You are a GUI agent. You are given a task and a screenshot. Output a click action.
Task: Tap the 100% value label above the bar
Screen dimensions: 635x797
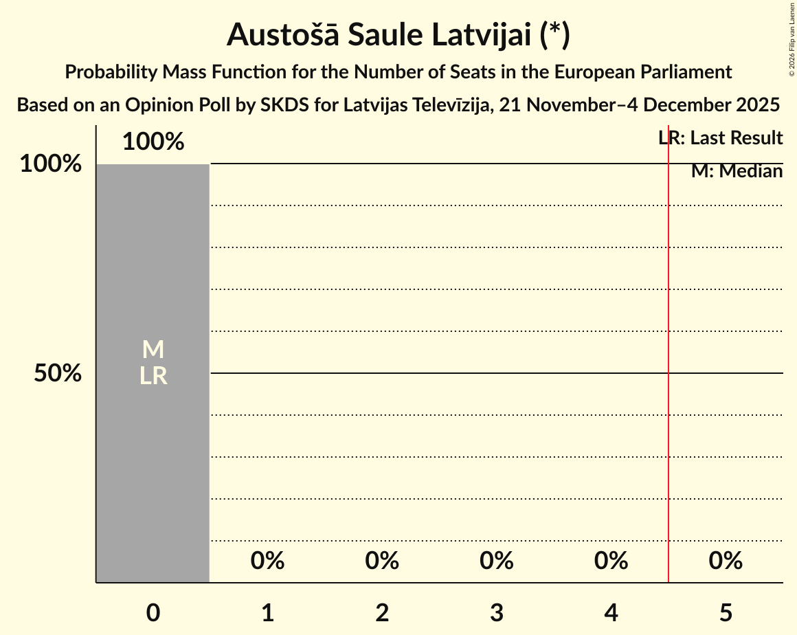point(153,142)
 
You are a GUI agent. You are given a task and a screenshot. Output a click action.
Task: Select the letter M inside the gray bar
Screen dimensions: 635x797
point(153,350)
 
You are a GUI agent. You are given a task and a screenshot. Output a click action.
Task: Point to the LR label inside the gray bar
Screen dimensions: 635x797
point(153,376)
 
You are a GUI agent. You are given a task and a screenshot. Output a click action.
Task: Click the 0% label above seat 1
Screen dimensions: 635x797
point(267,561)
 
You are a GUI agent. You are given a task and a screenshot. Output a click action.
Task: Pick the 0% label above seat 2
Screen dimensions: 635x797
point(382,561)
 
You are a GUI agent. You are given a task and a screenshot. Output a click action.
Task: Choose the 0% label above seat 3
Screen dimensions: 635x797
point(497,561)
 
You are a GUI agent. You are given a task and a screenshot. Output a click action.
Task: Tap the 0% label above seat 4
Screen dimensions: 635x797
point(611,561)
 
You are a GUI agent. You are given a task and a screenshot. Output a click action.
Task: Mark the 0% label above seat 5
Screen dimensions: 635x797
point(726,561)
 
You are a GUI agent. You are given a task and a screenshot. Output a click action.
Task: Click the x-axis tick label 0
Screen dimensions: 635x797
point(153,613)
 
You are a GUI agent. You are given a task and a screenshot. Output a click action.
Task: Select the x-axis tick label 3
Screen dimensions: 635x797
point(497,613)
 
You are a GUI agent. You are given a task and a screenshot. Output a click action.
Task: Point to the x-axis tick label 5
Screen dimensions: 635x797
point(726,613)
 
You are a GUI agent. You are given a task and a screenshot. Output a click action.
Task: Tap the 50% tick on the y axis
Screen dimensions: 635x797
point(58,374)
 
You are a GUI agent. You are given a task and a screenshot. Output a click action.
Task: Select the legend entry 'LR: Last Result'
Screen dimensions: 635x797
point(721,138)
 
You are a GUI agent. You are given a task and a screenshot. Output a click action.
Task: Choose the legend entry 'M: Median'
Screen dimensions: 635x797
point(737,171)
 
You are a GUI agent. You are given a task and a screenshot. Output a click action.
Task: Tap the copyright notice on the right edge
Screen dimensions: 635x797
point(792,38)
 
